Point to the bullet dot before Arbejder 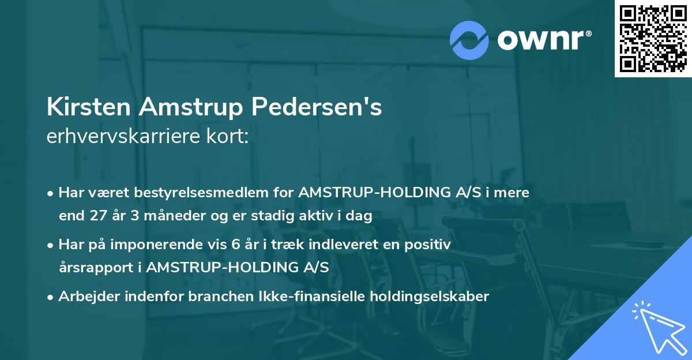(x=51, y=297)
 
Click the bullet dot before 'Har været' (x=51, y=193)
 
